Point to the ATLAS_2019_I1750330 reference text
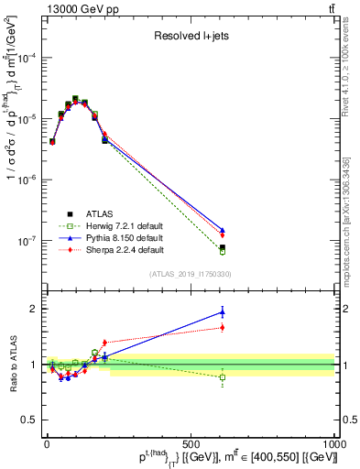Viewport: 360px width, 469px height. point(190,273)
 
